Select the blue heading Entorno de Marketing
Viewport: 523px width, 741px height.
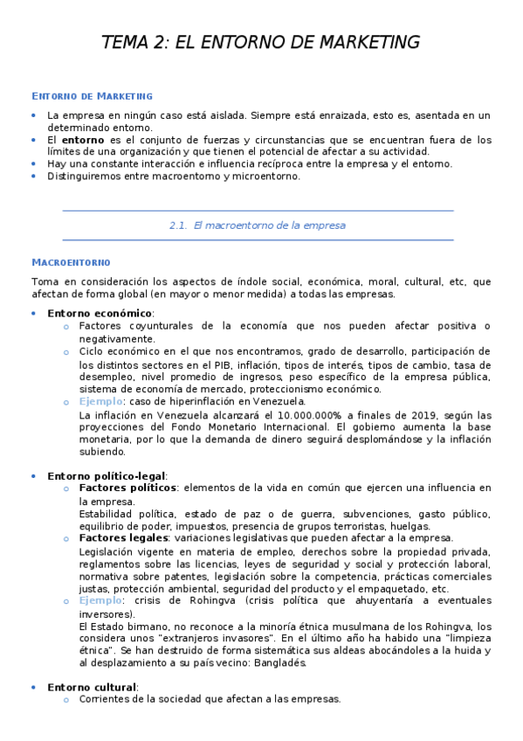(92, 95)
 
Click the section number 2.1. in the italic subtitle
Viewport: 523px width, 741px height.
(178, 225)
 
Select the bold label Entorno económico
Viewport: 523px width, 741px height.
(100, 313)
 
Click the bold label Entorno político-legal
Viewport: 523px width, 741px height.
(107, 475)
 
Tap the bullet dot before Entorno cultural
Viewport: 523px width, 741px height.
(33, 687)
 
